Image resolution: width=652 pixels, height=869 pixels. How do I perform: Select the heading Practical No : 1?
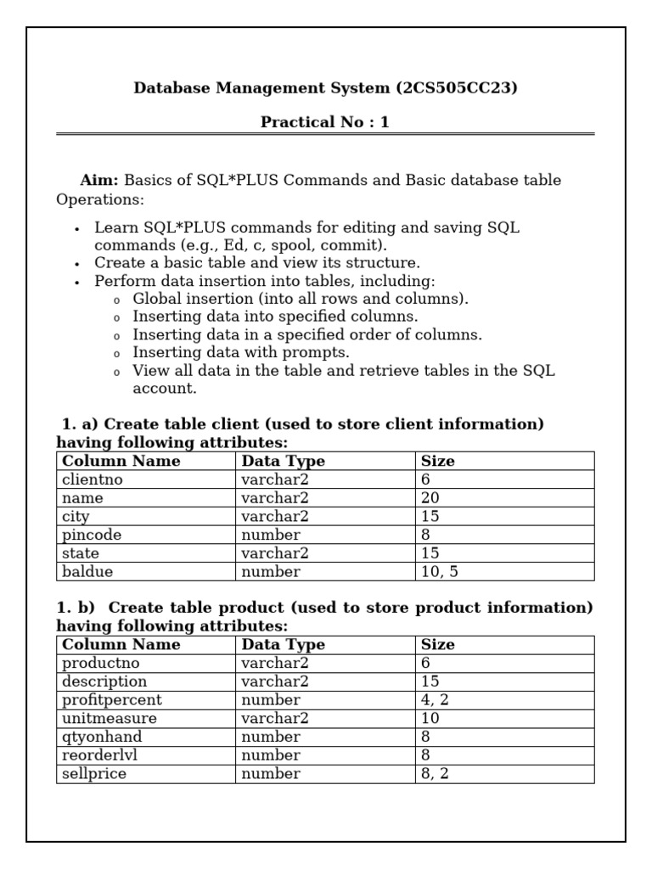coord(325,122)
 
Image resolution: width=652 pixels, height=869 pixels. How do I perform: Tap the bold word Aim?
coord(100,180)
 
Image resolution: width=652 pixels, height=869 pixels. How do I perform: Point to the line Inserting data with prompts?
coord(241,352)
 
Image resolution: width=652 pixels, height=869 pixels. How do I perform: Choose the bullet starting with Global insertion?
coord(301,299)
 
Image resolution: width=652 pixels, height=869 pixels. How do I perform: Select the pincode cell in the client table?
coord(92,535)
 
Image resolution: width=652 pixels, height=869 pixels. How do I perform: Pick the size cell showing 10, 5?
coord(440,571)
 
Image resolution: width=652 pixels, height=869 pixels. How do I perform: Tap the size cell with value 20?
coord(430,498)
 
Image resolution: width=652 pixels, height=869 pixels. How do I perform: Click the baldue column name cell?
coord(87,571)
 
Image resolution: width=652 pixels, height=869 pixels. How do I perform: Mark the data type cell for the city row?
coord(275,516)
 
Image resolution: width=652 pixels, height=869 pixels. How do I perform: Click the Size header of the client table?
coord(438,461)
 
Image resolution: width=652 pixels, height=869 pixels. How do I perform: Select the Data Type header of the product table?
coord(283,644)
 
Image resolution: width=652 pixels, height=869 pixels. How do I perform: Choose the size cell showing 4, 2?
coord(436,700)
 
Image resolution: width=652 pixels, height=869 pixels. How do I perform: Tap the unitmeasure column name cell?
coord(110,719)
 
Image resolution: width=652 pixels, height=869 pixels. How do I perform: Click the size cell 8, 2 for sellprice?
coord(436,774)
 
